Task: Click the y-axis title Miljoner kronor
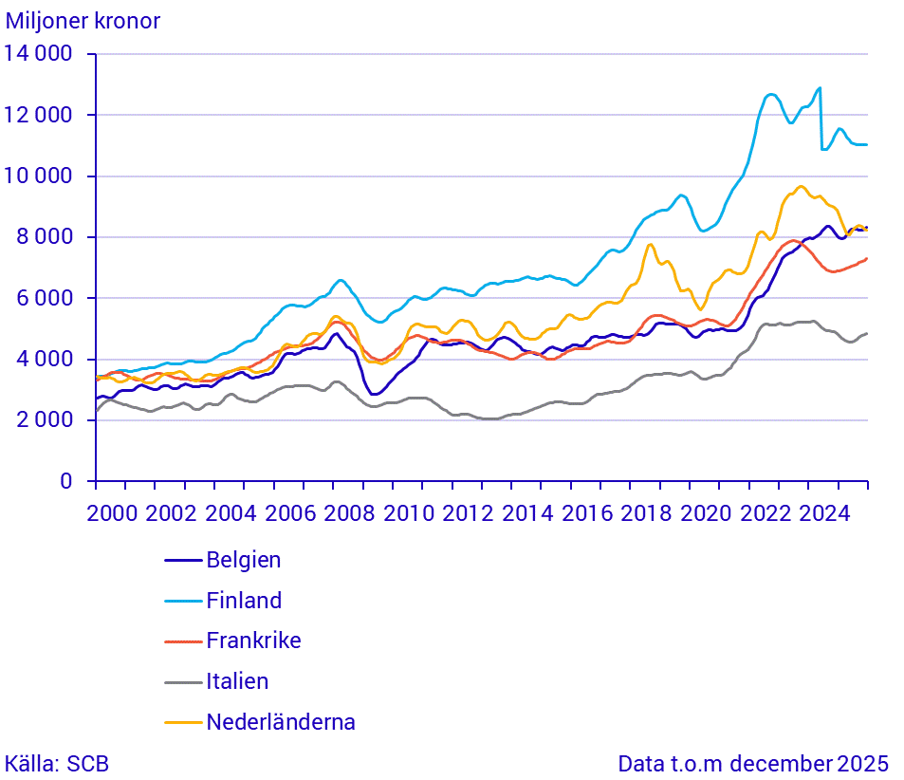tap(83, 21)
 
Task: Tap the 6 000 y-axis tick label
tap(44, 298)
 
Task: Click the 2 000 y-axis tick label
tap(44, 420)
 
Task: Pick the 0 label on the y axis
tap(65, 481)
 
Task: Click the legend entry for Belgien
tap(243, 560)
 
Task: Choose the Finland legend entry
tap(244, 601)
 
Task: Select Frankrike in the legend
tap(253, 641)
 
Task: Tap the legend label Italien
tap(237, 681)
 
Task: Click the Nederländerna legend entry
tap(281, 722)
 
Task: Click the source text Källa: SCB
tap(56, 764)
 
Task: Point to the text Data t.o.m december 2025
tap(753, 764)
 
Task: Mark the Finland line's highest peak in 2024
tap(820, 88)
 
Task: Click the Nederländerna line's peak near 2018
tap(650, 245)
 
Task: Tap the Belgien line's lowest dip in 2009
tap(375, 394)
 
